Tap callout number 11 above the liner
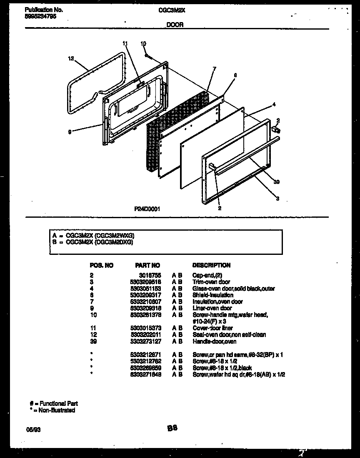(x=125, y=43)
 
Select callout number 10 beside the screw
(x=143, y=43)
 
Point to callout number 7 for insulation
(x=214, y=68)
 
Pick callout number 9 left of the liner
(x=70, y=132)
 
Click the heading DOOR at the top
(x=175, y=25)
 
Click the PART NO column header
(x=147, y=265)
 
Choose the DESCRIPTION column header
(x=211, y=265)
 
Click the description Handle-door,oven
(x=214, y=342)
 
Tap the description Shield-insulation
(x=212, y=295)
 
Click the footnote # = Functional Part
(x=54, y=403)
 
